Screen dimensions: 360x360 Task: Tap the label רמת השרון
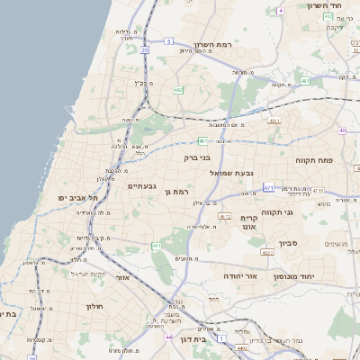[213, 44]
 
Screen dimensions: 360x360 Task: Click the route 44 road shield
[168, 337]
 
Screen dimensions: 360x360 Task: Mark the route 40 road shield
[343, 131]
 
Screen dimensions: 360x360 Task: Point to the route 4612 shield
[225, 217]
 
